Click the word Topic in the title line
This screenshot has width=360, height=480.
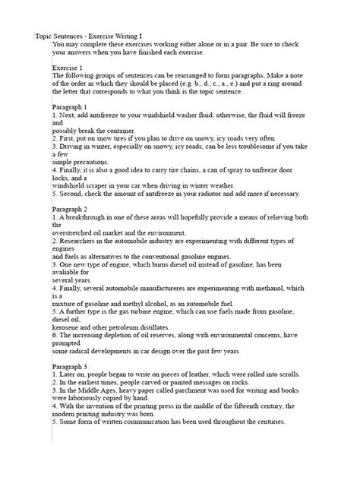(46, 36)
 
